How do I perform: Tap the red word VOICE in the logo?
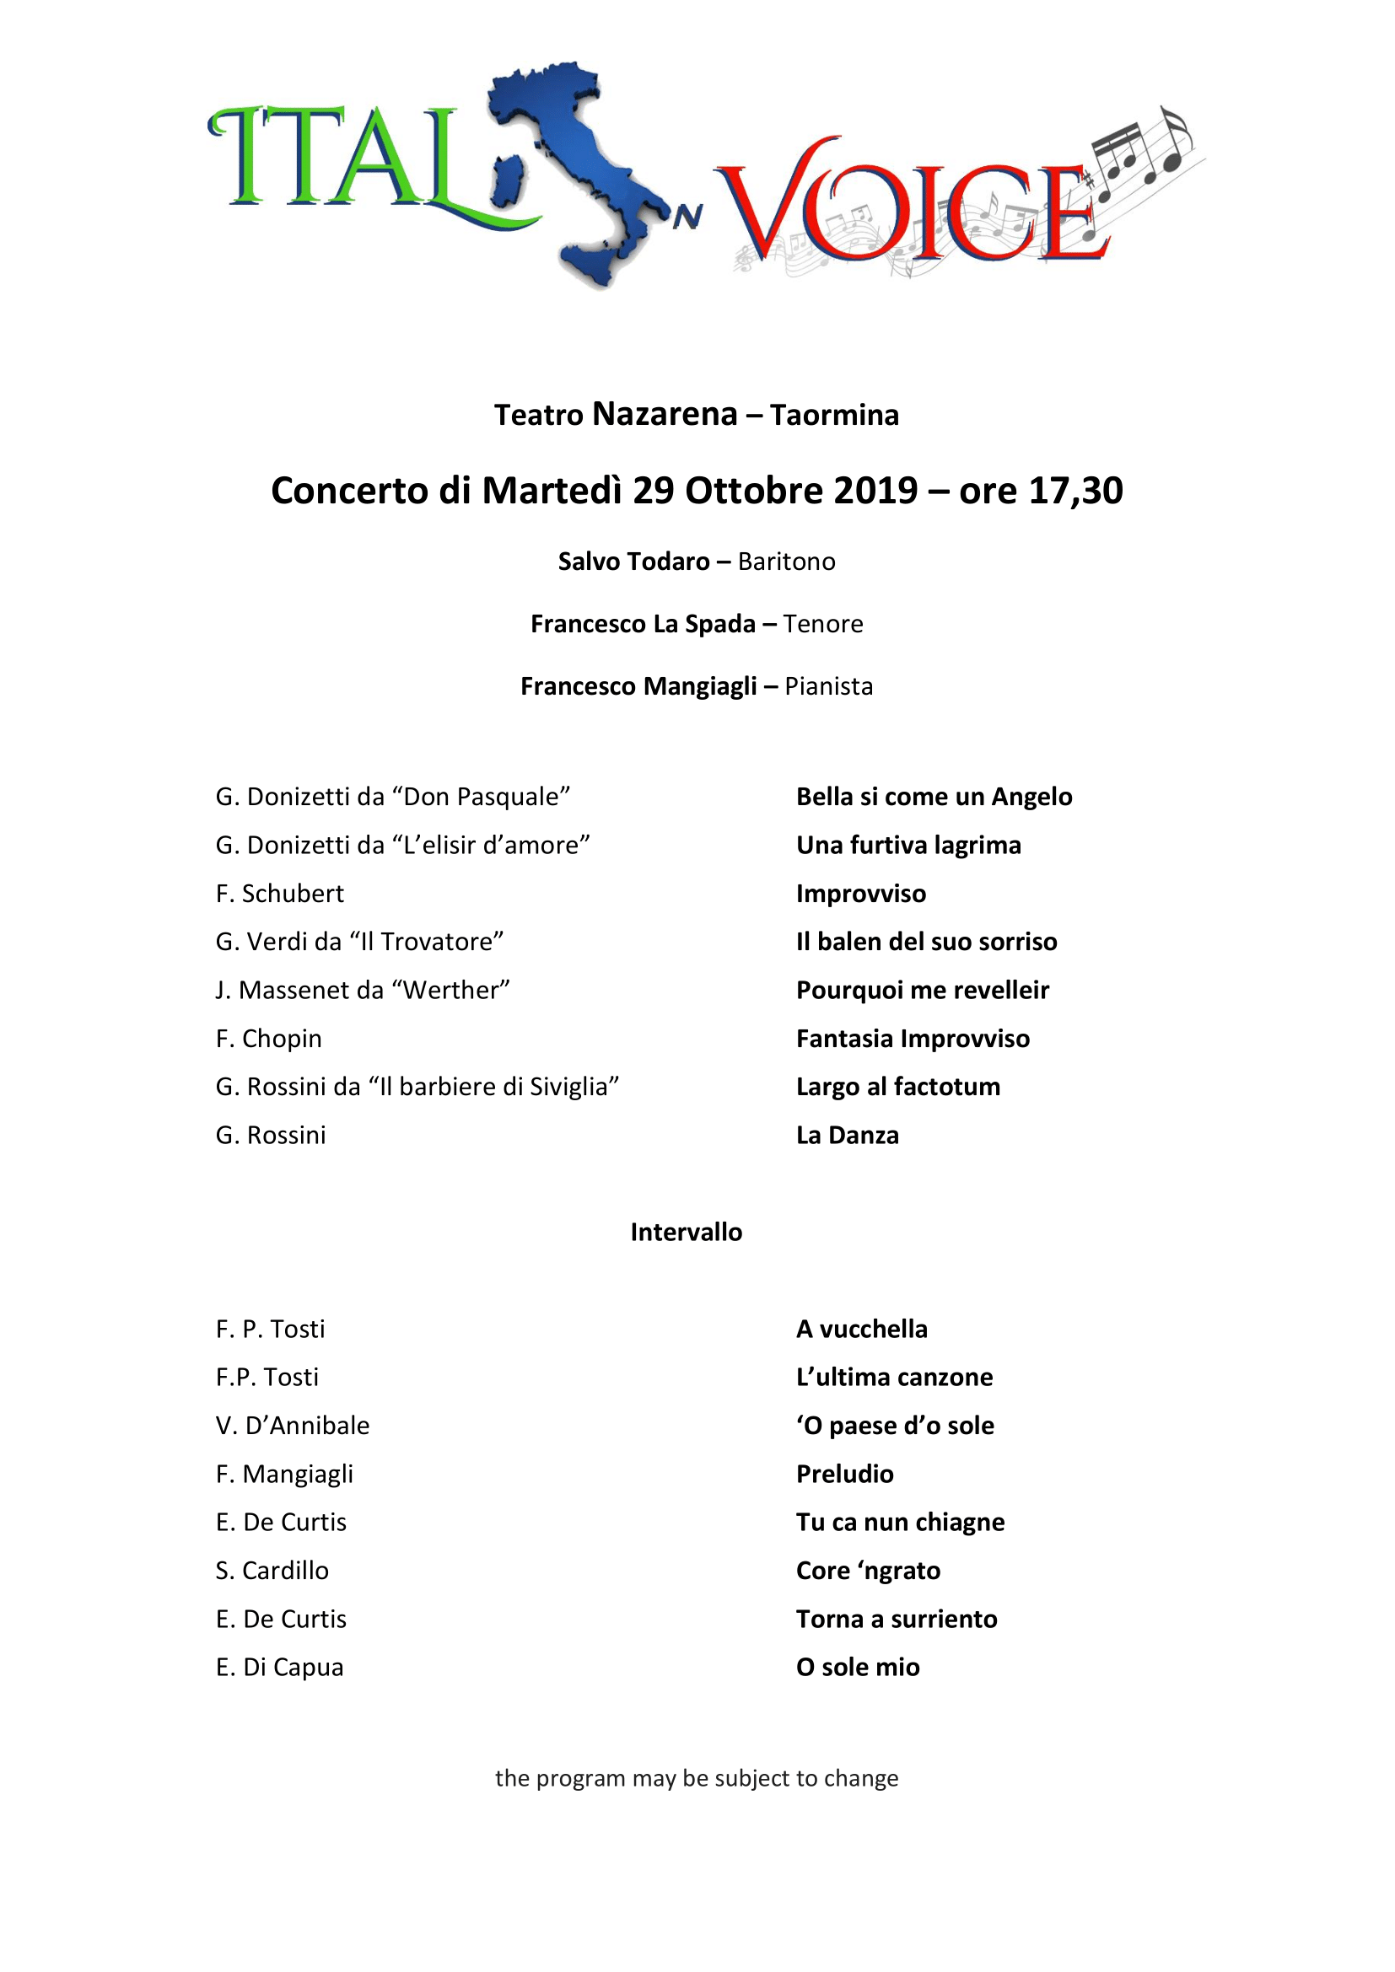[911, 206]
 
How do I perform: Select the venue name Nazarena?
[664, 414]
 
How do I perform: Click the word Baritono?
[786, 562]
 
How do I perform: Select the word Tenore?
[822, 624]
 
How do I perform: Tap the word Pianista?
[828, 686]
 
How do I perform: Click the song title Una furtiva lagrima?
[908, 845]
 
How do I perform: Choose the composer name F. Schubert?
[279, 893]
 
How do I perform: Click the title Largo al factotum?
[897, 1087]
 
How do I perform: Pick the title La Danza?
[847, 1135]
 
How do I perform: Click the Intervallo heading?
[686, 1232]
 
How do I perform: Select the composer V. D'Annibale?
[292, 1425]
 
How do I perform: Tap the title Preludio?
[844, 1474]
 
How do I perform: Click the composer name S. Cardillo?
[272, 1570]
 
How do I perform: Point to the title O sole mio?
[857, 1667]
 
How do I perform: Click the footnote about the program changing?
[696, 1778]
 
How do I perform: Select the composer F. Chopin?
[268, 1039]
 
